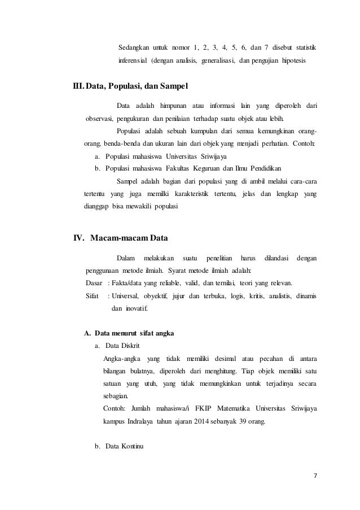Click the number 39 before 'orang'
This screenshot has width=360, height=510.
(243, 421)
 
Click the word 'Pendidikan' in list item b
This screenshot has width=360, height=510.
(266, 168)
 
